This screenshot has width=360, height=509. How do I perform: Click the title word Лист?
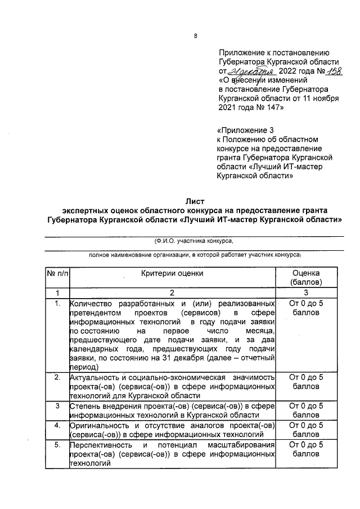(195, 201)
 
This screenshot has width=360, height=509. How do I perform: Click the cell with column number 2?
(172, 293)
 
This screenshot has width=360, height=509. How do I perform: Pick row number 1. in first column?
(57, 304)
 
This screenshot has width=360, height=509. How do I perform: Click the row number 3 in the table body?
(57, 406)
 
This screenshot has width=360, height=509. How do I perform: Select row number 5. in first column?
(57, 445)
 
